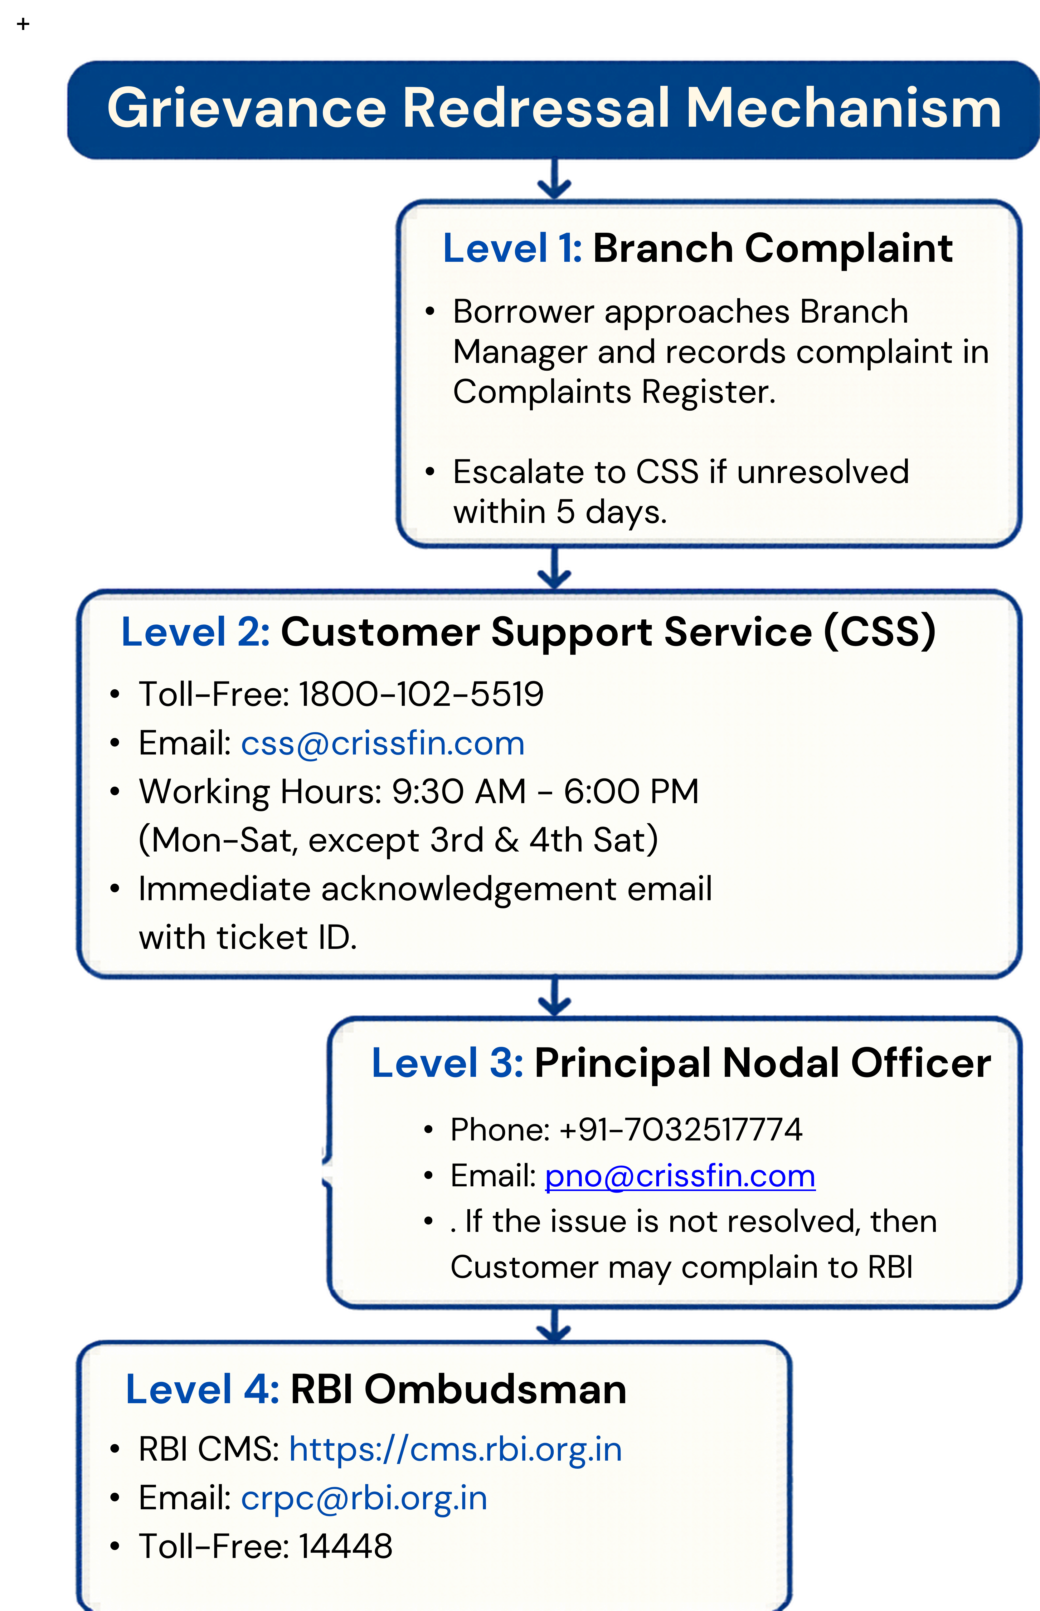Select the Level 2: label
coord(195,632)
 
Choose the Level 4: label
coord(202,1389)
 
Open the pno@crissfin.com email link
coord(680,1177)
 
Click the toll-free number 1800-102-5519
coord(421,694)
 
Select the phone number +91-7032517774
coord(681,1130)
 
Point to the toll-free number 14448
coord(345,1546)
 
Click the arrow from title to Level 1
coord(554,179)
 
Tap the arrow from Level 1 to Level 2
coord(554,568)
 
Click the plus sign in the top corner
coord(24,24)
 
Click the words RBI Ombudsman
coord(459,1389)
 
